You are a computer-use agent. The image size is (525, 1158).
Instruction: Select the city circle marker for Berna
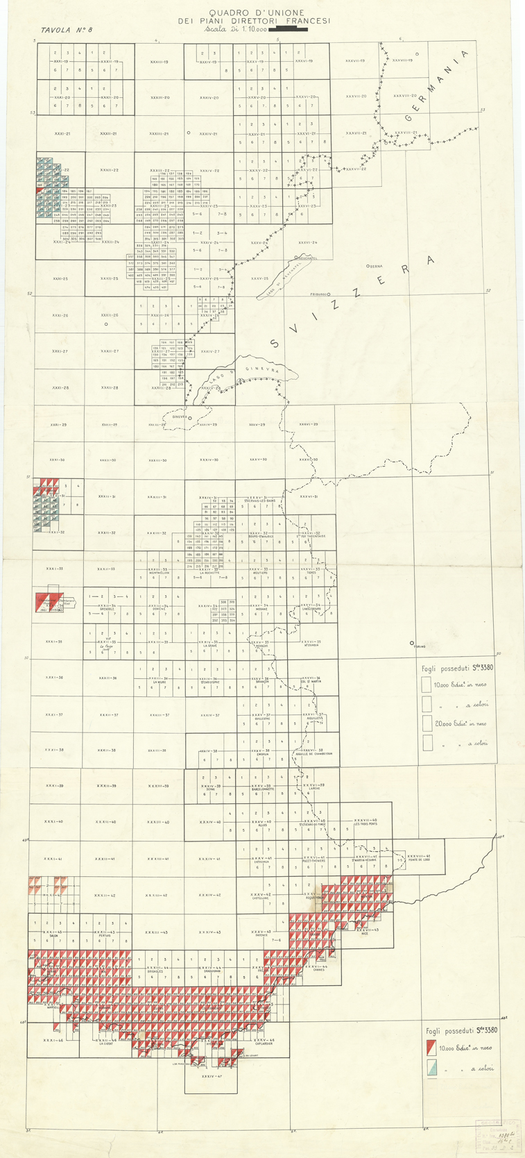[370, 267]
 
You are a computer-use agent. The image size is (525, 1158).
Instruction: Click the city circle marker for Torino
[412, 643]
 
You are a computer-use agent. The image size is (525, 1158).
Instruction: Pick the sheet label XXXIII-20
[160, 98]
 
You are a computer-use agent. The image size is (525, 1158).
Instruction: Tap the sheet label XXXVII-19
[356, 61]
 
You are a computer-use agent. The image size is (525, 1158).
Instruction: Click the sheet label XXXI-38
[55, 750]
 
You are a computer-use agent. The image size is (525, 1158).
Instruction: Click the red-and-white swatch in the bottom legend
[431, 1048]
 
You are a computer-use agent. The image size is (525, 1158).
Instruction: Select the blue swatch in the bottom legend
[431, 1068]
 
